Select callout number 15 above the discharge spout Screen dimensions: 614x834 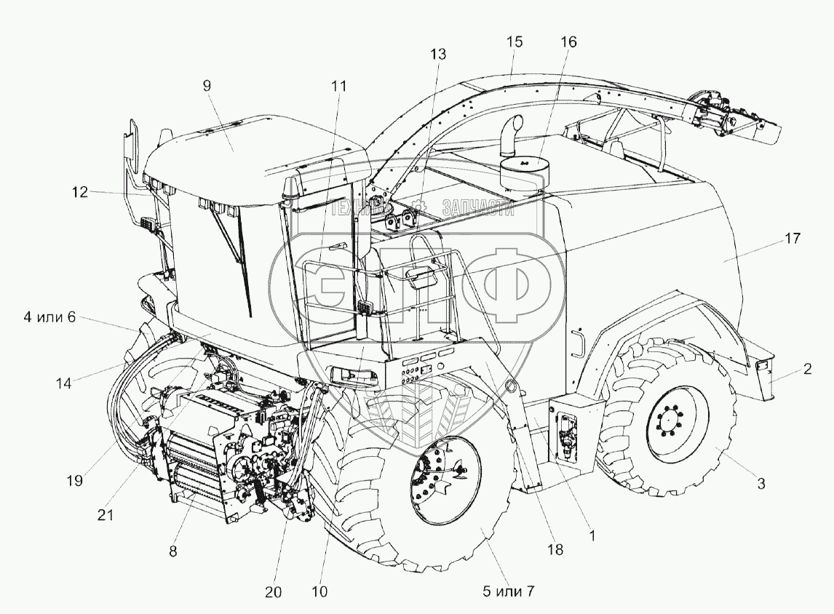pos(515,42)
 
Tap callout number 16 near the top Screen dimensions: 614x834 pos(568,42)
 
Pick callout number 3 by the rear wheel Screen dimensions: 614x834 pos(761,483)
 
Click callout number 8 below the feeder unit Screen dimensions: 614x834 pos(173,551)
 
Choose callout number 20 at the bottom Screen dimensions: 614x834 pos(273,591)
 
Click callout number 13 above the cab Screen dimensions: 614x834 pos(438,55)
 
